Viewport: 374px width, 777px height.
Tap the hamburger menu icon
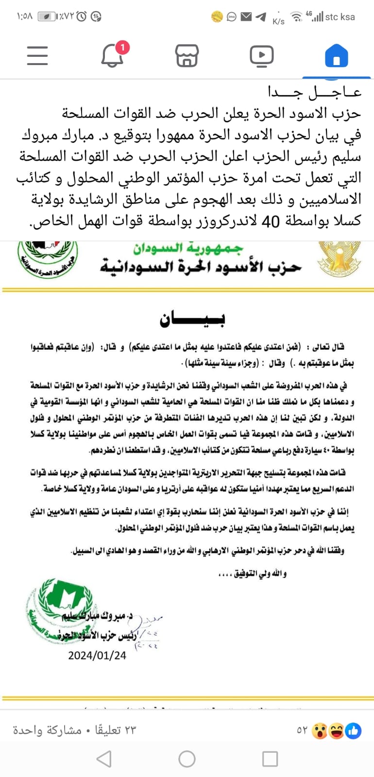37,55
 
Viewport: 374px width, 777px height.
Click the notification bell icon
112,56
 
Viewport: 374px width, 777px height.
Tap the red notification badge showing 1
122,47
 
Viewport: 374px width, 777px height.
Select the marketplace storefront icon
187,55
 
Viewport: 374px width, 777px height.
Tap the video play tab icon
261,55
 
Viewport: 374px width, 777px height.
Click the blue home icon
336,55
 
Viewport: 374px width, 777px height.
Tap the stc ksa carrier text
340,17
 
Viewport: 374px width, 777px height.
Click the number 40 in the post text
271,221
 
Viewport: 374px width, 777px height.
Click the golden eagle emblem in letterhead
340,257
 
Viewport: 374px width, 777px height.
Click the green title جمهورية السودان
188,249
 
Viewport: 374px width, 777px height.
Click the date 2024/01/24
97,655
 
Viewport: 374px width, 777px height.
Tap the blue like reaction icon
353,730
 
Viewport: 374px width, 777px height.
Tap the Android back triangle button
104,759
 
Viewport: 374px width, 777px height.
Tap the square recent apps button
270,759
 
